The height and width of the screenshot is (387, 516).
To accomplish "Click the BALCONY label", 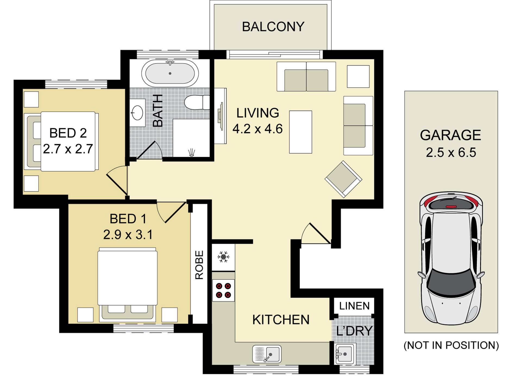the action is pos(273,27).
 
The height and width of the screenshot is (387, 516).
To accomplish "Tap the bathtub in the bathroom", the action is pos(170,73).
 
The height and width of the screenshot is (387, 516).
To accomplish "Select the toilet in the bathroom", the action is pos(197,102).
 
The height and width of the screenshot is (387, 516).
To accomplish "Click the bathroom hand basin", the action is pos(137,113).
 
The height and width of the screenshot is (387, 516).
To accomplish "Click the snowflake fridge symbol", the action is pos(223,257).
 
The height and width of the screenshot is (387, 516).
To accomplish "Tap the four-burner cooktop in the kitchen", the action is pos(223,290).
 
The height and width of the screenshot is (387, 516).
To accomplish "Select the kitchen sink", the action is pos(267,354).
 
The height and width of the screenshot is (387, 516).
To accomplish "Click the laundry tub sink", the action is pos(345,354).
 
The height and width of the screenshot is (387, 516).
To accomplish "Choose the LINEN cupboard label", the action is pos(354,306).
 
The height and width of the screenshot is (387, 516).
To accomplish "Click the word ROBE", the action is pos(200,265).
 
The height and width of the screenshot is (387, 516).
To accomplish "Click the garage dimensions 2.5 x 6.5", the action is pos(451,153).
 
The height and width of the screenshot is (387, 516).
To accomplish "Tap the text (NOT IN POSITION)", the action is pos(451,345).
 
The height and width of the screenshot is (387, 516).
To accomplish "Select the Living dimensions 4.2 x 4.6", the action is pos(257,129).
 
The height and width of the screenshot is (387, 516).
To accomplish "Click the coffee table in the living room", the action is pos(301,132).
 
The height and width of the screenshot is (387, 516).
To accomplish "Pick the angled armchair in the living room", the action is pos(344,179).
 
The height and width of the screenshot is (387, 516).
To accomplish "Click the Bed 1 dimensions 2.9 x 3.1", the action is pos(128,235).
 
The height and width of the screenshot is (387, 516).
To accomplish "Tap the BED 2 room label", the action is pos(68,133).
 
